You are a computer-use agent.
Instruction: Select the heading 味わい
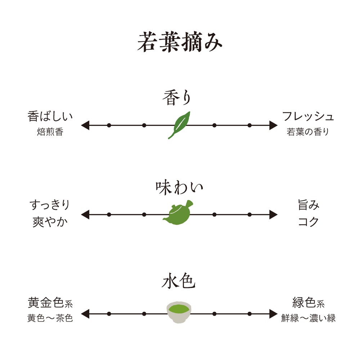pos(179,188)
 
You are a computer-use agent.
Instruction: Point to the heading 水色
pos(179,282)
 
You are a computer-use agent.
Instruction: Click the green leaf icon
pos(179,125)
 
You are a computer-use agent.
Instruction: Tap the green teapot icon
pos(179,214)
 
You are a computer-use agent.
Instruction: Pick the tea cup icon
pos(179,312)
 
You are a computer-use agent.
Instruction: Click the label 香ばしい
pos(50,117)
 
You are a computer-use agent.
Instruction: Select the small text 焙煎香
pos(50,132)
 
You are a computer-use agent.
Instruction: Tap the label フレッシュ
pos(308,117)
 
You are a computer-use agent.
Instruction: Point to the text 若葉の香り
pos(308,132)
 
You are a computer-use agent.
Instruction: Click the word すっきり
pos(49,206)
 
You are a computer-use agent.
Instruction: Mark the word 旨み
pos(309,206)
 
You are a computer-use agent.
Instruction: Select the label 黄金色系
pos(50,303)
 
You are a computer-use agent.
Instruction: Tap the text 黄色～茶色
pos(50,318)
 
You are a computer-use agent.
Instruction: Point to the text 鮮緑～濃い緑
pos(309,318)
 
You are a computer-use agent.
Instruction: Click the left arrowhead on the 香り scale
pos(85,125)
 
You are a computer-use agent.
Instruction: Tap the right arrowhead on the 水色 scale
pos(273,314)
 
